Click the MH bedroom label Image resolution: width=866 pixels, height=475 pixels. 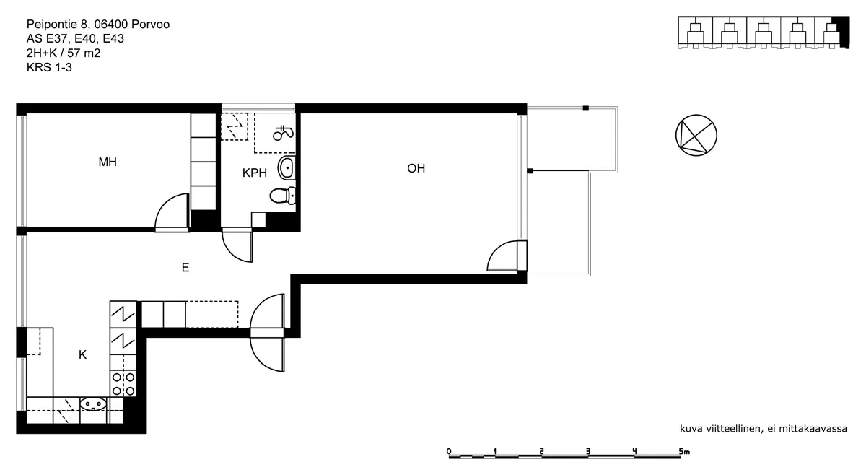(x=108, y=162)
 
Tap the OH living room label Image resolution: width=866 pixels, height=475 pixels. (x=416, y=168)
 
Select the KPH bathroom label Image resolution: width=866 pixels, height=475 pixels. (x=254, y=173)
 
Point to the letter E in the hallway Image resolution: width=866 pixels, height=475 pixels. (x=185, y=267)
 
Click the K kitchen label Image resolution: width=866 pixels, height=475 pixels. (x=82, y=354)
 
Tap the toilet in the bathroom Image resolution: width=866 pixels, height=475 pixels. (x=283, y=196)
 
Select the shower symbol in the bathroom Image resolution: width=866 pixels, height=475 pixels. (x=283, y=133)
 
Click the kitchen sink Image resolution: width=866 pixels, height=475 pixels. (x=93, y=404)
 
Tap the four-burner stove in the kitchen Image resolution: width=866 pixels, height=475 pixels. (x=123, y=383)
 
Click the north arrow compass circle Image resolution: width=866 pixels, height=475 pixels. (x=696, y=136)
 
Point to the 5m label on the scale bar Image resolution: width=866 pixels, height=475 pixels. (x=684, y=451)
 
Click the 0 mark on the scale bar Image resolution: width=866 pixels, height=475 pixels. (x=449, y=451)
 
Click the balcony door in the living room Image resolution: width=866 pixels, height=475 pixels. (x=502, y=256)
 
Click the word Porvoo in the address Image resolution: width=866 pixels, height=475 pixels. (x=150, y=25)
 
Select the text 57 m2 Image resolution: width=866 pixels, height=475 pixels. (x=84, y=53)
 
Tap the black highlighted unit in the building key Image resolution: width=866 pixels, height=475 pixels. (x=841, y=32)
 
